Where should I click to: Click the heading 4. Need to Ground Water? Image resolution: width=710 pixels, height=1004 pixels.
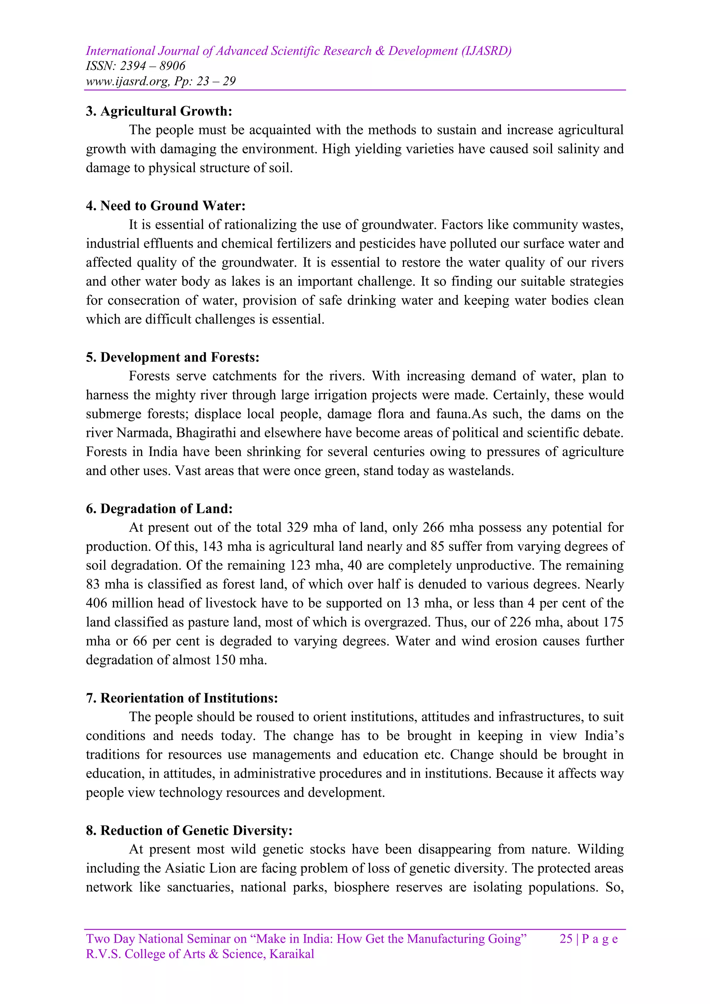166,206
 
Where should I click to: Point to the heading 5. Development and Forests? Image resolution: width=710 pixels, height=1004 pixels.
173,357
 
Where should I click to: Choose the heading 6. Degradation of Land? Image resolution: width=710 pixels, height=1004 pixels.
159,508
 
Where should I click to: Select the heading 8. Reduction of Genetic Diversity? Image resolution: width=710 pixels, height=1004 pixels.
189,830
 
